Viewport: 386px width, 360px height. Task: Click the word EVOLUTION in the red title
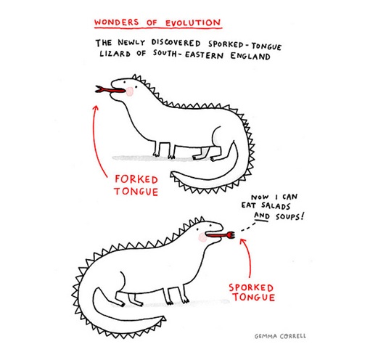pos(193,23)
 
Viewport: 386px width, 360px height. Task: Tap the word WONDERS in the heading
pos(117,22)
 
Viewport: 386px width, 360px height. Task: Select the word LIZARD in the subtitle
pos(115,54)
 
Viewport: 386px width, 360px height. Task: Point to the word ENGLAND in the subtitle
pos(250,56)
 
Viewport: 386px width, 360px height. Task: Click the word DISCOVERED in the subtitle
pos(176,43)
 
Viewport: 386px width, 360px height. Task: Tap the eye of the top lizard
pos(125,82)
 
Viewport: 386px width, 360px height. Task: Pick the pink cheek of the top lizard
pos(130,91)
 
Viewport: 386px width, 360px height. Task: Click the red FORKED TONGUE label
pos(136,185)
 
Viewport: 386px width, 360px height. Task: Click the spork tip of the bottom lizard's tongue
pos(231,235)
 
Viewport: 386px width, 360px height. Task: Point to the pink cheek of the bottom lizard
pos(202,237)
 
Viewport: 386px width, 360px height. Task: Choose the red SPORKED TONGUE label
pos(252,292)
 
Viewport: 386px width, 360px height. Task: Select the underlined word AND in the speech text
pos(261,216)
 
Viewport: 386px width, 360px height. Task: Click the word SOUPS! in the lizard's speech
pos(289,216)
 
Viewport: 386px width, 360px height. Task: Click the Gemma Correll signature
pos(280,336)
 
